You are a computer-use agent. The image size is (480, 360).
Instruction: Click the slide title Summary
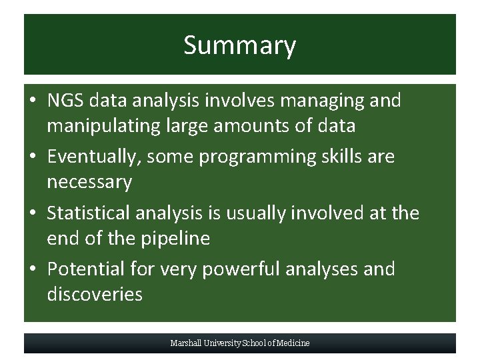239,45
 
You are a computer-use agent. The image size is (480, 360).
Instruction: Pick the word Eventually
93,157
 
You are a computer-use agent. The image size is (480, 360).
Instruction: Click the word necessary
89,183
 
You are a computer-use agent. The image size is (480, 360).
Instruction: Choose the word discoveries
95,295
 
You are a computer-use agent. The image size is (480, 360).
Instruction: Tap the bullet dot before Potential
33,270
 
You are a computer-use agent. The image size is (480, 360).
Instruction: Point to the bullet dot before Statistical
33,214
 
